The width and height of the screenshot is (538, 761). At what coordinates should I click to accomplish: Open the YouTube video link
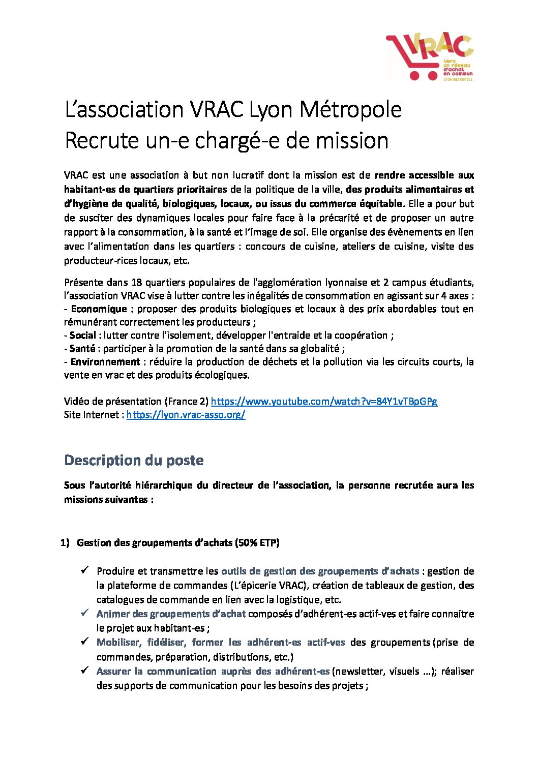[324, 402]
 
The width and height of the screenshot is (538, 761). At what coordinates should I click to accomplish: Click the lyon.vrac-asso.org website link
[186, 415]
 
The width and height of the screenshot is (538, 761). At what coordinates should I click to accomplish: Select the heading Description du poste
[134, 461]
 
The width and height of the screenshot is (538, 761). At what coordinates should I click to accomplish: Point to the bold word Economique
[99, 309]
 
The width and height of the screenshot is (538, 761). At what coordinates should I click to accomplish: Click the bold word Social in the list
[83, 336]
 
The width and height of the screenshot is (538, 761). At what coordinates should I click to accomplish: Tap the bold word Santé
[82, 349]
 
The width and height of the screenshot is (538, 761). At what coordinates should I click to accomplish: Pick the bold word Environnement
[105, 362]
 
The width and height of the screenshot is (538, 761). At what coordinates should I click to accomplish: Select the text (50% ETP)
[257, 543]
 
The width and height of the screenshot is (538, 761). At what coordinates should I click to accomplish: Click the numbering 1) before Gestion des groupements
[65, 543]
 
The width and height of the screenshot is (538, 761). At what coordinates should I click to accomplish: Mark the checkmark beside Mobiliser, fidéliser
[85, 642]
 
